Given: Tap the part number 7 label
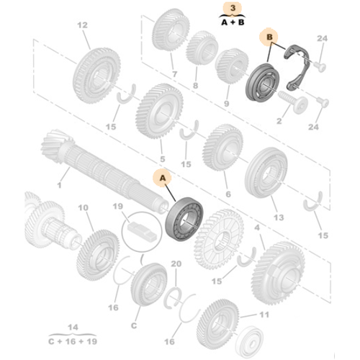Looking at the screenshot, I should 174,75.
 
